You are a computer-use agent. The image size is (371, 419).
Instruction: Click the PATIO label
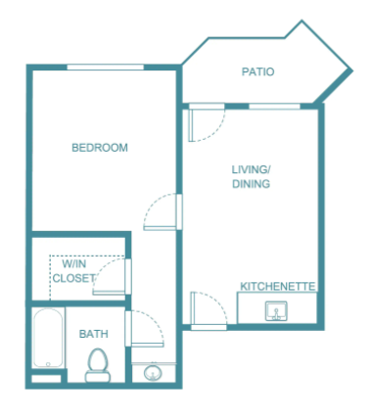point(257,71)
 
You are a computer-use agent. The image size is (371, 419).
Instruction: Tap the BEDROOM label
point(100,148)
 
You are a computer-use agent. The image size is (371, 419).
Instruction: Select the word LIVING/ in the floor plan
point(252,169)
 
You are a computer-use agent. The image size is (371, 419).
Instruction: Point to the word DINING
point(252,184)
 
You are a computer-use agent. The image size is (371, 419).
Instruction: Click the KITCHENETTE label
point(278,286)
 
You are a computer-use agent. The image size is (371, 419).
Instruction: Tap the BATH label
point(94,334)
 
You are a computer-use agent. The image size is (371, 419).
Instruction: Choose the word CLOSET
point(74,278)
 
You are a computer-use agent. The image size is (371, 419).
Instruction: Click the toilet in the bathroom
point(98,365)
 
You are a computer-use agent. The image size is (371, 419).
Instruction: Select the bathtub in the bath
point(48,338)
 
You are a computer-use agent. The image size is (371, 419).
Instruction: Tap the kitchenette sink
point(276,310)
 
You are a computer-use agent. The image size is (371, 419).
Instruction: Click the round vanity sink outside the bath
point(154,372)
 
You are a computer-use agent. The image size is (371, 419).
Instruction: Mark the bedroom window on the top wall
point(106,68)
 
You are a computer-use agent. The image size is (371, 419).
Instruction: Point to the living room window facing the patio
point(274,106)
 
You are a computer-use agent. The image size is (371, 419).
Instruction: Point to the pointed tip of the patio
point(352,70)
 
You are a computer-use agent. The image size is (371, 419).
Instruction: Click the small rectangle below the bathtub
point(46,379)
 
